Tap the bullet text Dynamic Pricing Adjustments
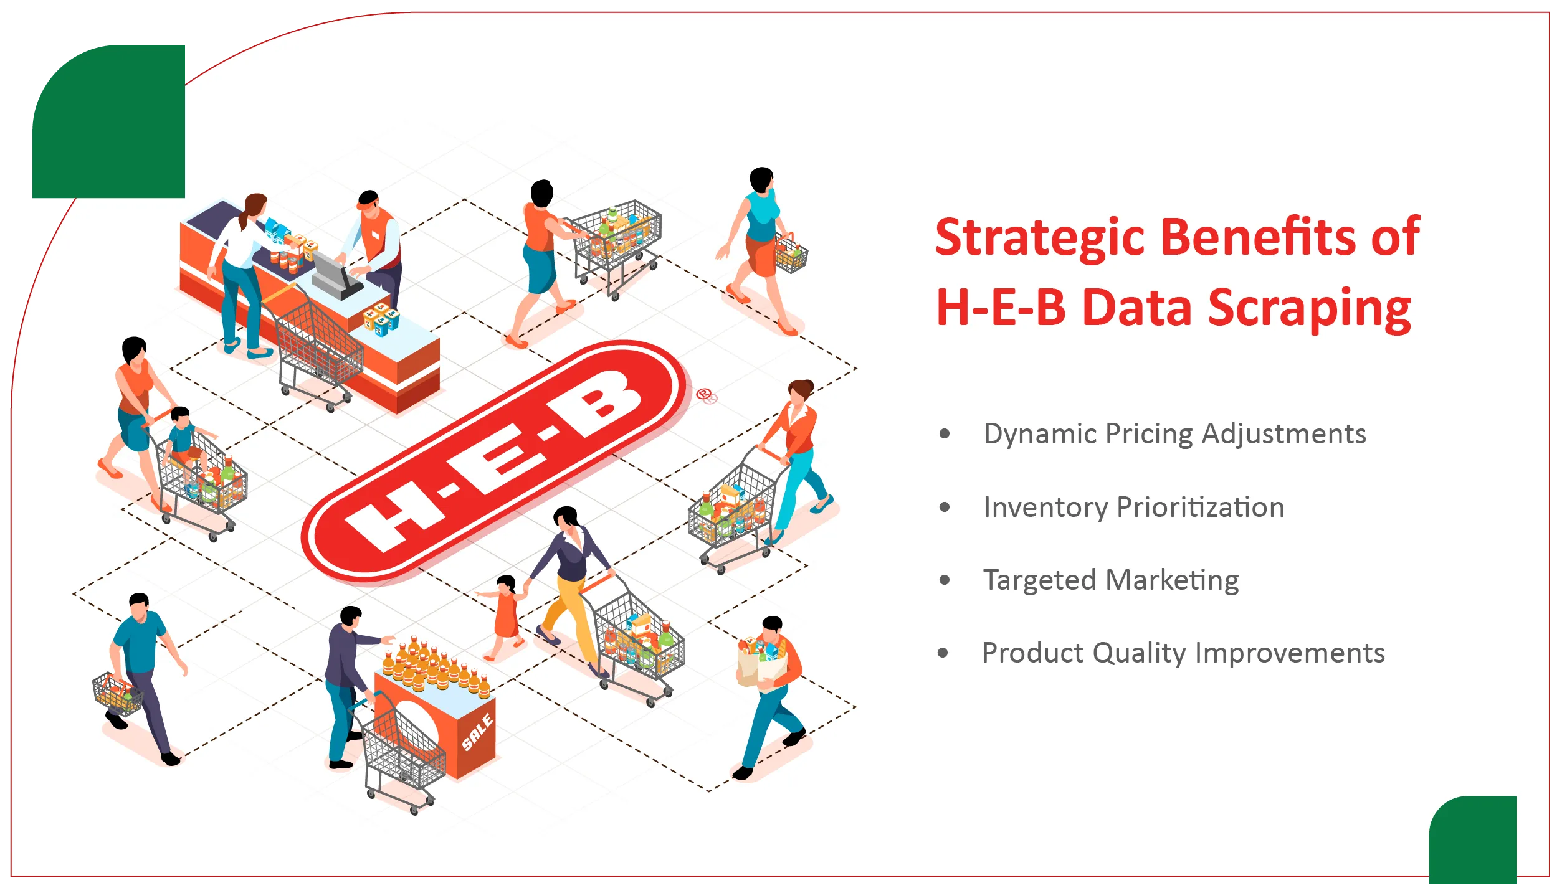[1174, 434]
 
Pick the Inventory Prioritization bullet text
[1134, 507]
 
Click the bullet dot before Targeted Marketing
[945, 580]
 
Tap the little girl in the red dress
[504, 616]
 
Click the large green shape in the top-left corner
[109, 121]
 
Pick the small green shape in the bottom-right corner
[1472, 841]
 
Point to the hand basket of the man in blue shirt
[117, 694]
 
